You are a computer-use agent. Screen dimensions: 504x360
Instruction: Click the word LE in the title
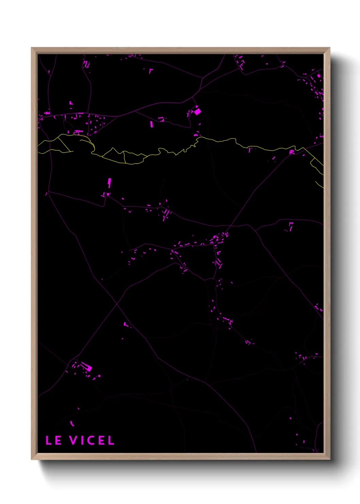pos(53,440)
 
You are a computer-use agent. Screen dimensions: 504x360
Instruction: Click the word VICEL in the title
pos(92,440)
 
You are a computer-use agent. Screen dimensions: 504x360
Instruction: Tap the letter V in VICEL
pos(73,440)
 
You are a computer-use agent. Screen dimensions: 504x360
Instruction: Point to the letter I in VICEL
pos(82,440)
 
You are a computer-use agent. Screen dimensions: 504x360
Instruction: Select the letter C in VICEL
pos(90,440)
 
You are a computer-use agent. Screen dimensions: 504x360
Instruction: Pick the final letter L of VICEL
pos(111,440)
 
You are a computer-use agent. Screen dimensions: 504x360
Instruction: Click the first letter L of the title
pos(49,440)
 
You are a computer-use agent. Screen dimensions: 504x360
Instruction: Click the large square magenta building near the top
pos(197,111)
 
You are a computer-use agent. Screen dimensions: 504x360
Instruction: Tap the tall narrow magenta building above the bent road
pos(109,183)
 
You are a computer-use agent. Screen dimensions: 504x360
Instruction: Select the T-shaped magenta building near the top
pos(150,71)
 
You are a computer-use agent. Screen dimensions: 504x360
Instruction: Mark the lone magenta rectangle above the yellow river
pos(151,124)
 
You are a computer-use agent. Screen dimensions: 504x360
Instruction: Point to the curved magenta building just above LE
pos(72,424)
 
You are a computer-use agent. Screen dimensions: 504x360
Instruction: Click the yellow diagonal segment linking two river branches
pos(65,143)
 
